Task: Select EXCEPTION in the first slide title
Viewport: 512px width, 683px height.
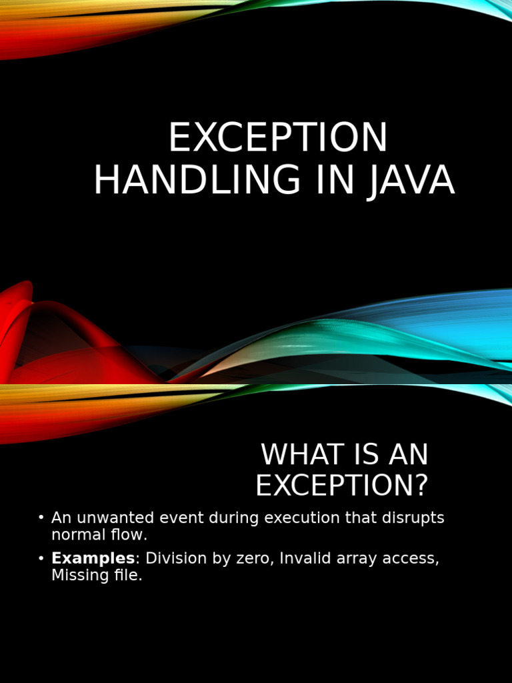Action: pos(277,139)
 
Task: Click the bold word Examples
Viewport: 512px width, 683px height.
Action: pos(93,558)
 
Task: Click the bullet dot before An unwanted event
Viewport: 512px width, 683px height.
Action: pos(41,518)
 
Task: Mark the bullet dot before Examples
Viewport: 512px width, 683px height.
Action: pos(41,558)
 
